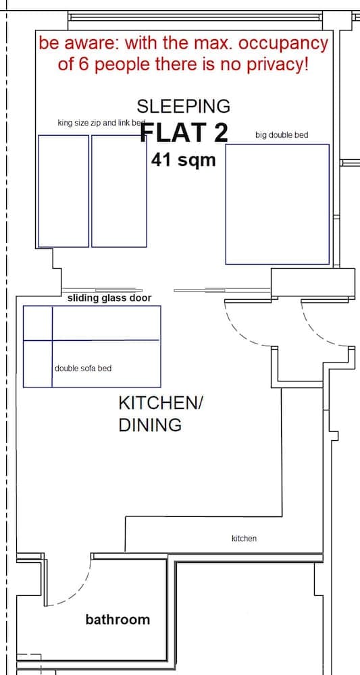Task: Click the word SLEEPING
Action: (183, 106)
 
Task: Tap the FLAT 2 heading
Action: (184, 133)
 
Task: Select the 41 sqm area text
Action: (183, 160)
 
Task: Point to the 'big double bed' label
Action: (281, 135)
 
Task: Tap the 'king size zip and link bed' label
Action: (101, 123)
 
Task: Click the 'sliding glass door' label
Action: (109, 298)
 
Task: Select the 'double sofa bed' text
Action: (83, 369)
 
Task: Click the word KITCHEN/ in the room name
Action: (160, 403)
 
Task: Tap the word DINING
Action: (140, 425)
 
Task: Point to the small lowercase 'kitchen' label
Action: (244, 539)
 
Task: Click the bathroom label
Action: (118, 619)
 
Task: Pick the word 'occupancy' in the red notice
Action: (283, 44)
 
